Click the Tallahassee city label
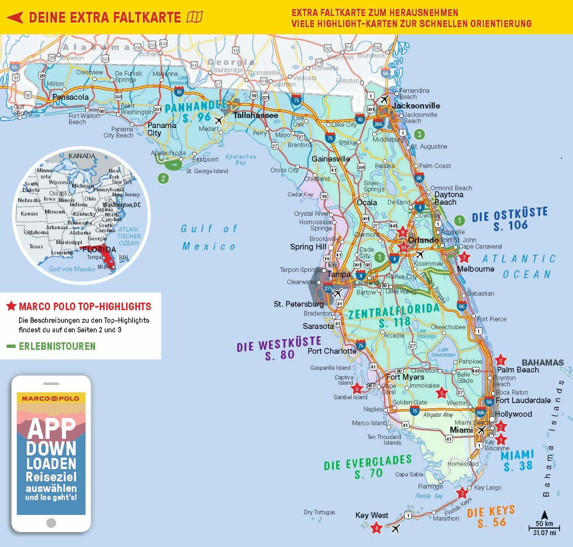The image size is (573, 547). (x=256, y=115)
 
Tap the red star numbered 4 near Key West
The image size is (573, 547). (x=376, y=528)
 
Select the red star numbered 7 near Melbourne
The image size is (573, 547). (x=464, y=257)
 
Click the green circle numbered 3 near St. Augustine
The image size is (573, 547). (x=419, y=134)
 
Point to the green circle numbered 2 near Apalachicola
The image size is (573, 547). (x=163, y=178)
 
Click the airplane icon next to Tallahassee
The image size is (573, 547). (x=218, y=120)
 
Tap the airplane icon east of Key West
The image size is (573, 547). (x=395, y=529)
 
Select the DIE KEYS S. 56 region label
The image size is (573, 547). (x=491, y=516)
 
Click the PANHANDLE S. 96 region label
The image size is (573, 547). (x=196, y=111)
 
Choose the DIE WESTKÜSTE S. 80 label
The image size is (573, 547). (x=279, y=348)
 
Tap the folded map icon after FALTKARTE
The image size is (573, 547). (x=194, y=17)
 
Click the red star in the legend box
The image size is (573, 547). (x=11, y=306)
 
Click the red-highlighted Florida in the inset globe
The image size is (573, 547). (x=107, y=256)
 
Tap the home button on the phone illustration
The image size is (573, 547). (x=51, y=523)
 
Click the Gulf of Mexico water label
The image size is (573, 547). (x=209, y=237)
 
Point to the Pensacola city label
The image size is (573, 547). (x=70, y=97)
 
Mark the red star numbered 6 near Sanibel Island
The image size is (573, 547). (x=357, y=388)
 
